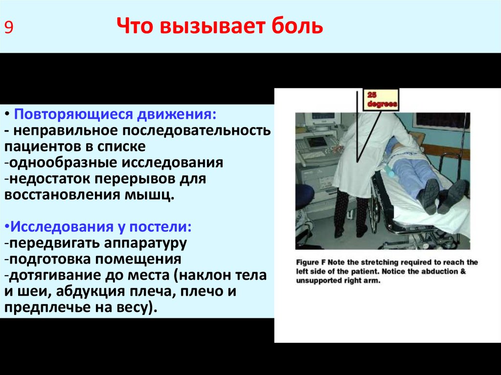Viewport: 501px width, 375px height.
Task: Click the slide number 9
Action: click(9, 27)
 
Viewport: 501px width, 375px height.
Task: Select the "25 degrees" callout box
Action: click(380, 100)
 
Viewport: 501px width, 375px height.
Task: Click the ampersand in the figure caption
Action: click(462, 271)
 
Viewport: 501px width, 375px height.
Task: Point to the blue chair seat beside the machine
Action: click(303, 196)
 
